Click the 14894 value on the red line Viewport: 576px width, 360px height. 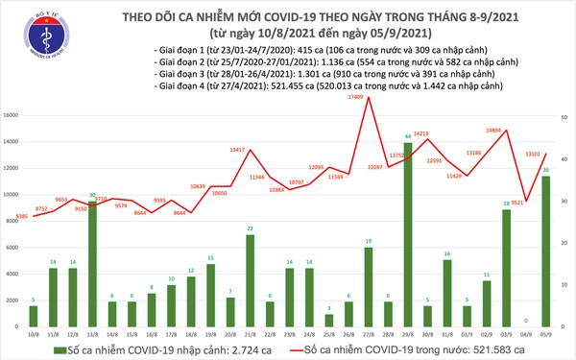click(x=496, y=130)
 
